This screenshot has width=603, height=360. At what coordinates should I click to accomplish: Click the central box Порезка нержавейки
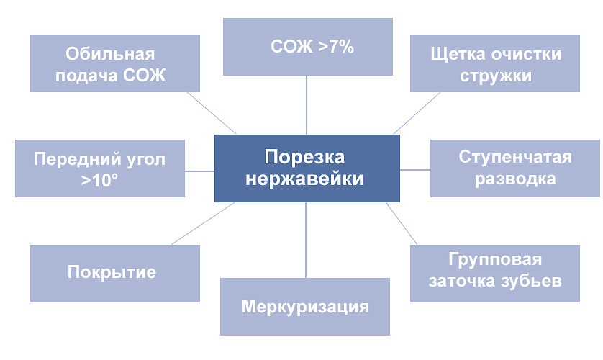coord(307,168)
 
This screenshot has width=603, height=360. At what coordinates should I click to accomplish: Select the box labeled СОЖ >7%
coord(307,47)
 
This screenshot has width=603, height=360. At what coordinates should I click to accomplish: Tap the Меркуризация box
coord(305,307)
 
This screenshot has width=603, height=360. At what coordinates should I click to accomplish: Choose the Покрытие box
coord(114,273)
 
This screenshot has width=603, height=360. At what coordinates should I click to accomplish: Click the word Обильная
coord(110,55)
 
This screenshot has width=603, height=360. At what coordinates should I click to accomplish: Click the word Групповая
coord(495,259)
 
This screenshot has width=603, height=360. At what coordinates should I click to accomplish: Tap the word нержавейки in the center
coord(304,179)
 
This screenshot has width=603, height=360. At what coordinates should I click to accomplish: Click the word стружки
coord(495,76)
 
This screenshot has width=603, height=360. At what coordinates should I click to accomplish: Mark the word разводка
coord(515,179)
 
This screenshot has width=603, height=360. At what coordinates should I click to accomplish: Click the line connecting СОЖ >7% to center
coord(307,105)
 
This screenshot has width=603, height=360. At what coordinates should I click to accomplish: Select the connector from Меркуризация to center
coord(306,240)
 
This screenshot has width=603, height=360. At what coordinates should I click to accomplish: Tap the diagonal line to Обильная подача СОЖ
coord(212,112)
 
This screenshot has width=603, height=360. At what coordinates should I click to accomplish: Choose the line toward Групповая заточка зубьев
coord(402,223)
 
